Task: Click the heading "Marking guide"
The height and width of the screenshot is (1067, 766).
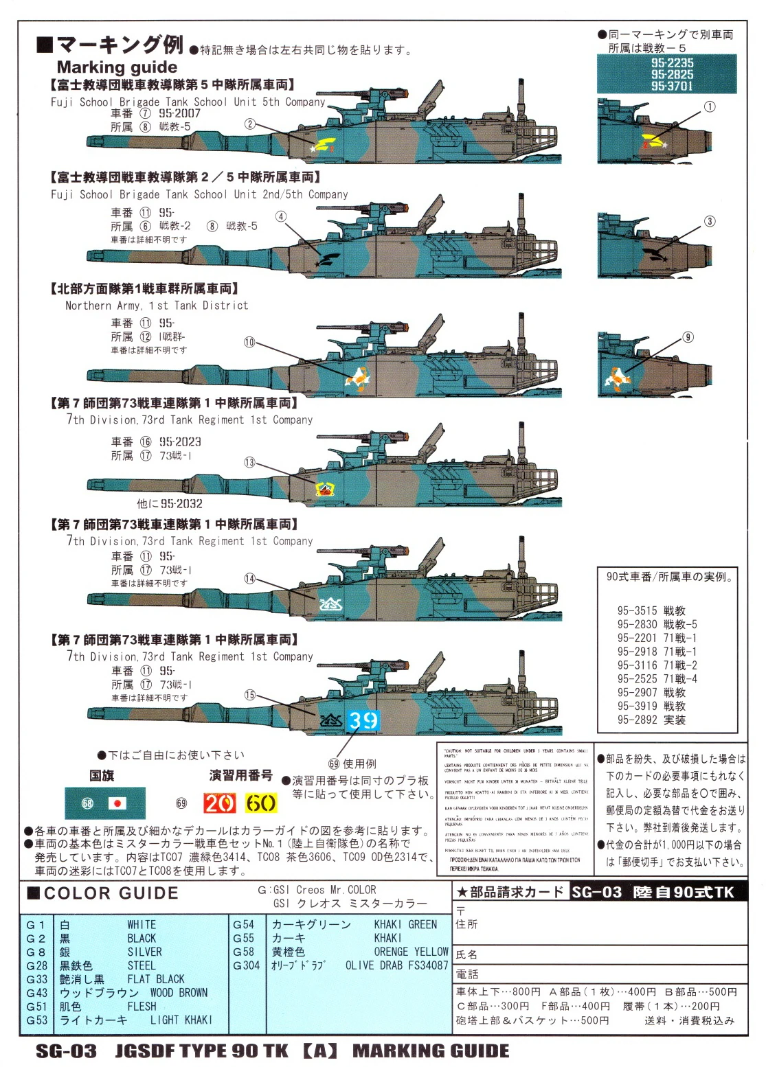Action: pyautogui.click(x=117, y=67)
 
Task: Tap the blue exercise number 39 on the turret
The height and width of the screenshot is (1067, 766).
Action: pyautogui.click(x=363, y=720)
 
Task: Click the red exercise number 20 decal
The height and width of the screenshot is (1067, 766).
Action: pyautogui.click(x=219, y=803)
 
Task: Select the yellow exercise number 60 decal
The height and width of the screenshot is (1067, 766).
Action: pyautogui.click(x=261, y=803)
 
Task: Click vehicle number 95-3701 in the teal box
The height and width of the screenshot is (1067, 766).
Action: pyautogui.click(x=672, y=86)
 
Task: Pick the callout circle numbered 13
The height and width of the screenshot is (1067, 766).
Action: pyautogui.click(x=249, y=463)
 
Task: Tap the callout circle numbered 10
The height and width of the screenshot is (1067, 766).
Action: pyautogui.click(x=249, y=342)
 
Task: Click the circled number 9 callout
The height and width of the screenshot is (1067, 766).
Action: pyautogui.click(x=688, y=337)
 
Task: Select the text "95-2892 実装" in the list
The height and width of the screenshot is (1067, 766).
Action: pyautogui.click(x=651, y=720)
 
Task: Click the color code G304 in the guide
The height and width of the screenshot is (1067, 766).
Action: pyautogui.click(x=247, y=965)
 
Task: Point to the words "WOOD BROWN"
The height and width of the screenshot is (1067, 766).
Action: pyautogui.click(x=179, y=993)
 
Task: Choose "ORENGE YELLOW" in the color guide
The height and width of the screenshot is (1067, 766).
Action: pyautogui.click(x=411, y=952)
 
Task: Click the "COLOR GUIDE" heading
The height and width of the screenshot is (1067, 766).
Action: pyautogui.click(x=111, y=893)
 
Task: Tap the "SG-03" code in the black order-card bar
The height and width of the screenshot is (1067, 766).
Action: pyautogui.click(x=596, y=892)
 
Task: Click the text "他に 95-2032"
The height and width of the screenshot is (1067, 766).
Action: pyautogui.click(x=170, y=503)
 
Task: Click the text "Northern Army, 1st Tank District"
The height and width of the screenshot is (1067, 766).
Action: pyautogui.click(x=157, y=306)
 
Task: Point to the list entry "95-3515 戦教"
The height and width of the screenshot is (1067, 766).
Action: pyautogui.click(x=651, y=610)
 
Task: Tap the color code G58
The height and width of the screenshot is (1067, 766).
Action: pyautogui.click(x=243, y=952)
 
